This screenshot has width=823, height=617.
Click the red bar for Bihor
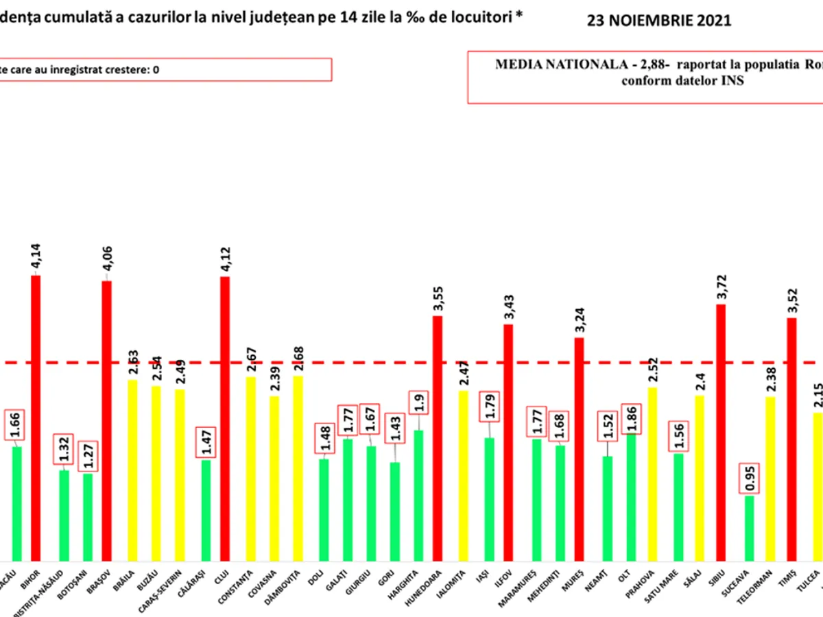[x=36, y=418]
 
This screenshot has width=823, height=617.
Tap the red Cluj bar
[x=224, y=419]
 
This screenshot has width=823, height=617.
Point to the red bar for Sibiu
[x=721, y=433]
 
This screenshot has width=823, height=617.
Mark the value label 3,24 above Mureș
[x=580, y=322]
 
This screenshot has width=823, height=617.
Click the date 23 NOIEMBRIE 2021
[x=658, y=21]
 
